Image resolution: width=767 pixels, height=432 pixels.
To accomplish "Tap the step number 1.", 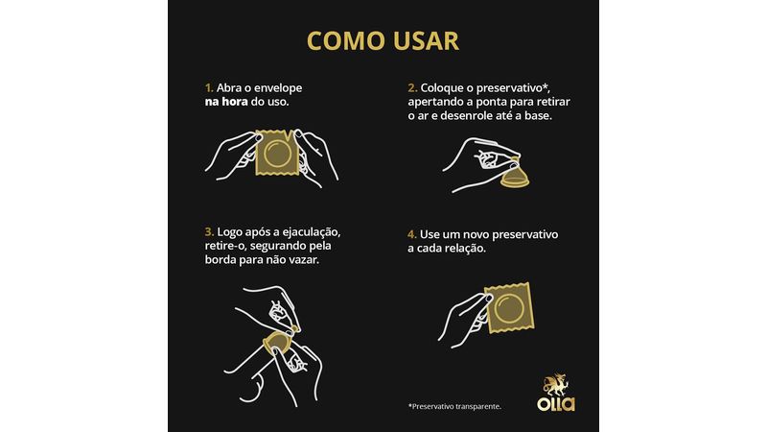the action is click(x=209, y=88).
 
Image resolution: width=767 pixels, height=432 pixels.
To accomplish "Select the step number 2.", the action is click(x=412, y=88).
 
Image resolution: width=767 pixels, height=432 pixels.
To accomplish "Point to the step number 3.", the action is click(x=209, y=231).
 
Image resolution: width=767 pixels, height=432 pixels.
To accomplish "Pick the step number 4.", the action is click(x=412, y=234).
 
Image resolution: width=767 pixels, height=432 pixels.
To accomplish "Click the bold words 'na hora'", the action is click(x=226, y=102).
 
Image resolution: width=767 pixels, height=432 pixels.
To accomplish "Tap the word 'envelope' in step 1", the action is click(x=279, y=88).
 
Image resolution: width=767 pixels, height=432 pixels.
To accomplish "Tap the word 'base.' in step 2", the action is click(x=538, y=116).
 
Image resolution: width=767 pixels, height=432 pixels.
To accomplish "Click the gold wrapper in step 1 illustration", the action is click(x=278, y=153).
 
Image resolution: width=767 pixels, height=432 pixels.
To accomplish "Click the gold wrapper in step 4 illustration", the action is click(x=509, y=307).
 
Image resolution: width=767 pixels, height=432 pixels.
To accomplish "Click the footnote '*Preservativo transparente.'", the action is click(x=454, y=406).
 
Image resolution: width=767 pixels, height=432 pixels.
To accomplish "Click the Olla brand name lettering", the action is click(x=556, y=403).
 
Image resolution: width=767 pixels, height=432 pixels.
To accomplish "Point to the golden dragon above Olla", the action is click(x=557, y=385).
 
